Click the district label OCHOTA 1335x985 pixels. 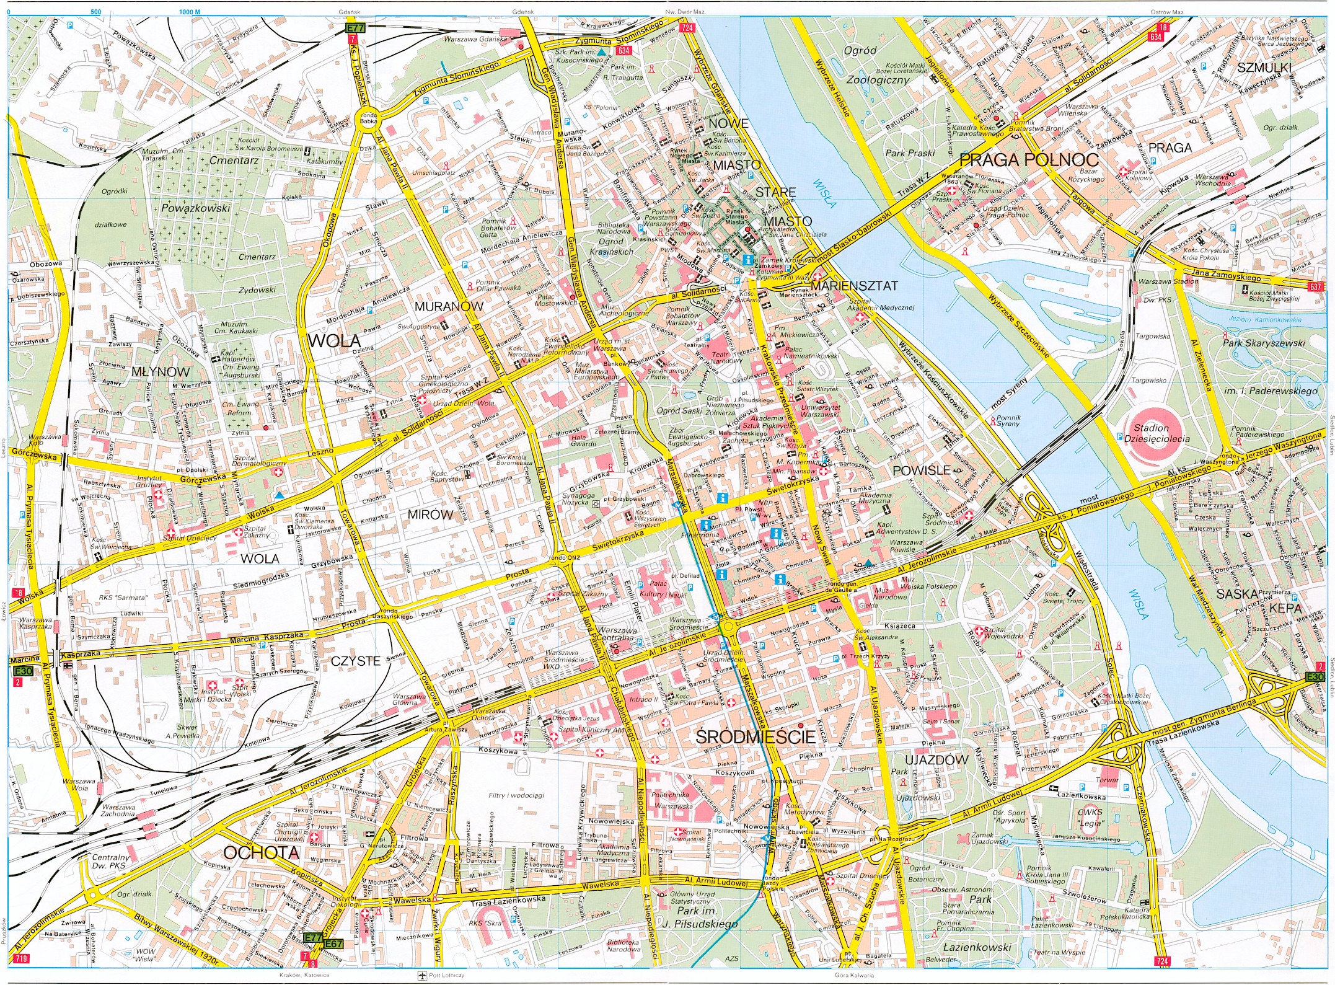pos(260,852)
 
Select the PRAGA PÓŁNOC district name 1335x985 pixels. pos(1029,160)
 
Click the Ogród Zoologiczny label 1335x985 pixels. pos(869,65)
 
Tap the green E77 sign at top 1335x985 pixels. pos(356,29)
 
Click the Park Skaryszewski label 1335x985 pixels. pos(1263,342)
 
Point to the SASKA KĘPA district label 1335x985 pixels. pos(1262,601)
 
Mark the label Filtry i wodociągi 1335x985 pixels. pos(516,795)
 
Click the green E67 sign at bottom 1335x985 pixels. pos(333,943)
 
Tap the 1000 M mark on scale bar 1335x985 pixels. pos(189,12)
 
